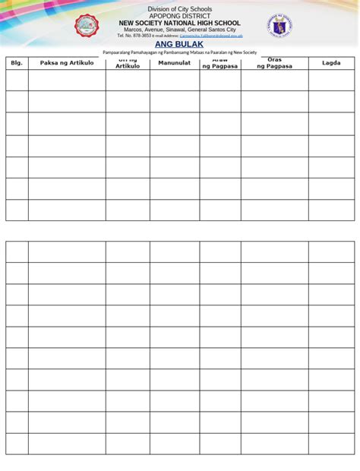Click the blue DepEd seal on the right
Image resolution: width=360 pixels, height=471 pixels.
[x=279, y=27]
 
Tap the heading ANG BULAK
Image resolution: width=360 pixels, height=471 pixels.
[x=179, y=44]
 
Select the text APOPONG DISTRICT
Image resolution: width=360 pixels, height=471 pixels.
[x=180, y=16]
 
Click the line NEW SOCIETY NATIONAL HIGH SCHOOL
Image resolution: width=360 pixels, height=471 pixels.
[x=180, y=23]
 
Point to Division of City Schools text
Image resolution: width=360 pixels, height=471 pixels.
[x=180, y=8]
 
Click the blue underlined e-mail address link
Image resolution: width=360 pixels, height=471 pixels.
[x=211, y=36]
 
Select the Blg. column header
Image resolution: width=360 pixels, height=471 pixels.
[x=17, y=63]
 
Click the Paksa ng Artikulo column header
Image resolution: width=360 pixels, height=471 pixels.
[x=67, y=63]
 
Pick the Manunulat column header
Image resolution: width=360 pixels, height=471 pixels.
[x=174, y=63]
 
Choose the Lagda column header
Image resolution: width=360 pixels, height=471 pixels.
[x=331, y=63]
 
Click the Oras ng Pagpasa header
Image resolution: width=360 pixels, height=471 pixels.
[x=274, y=63]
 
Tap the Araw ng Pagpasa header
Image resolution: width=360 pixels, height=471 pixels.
[x=220, y=63]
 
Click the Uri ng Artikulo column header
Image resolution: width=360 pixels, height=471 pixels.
[x=128, y=63]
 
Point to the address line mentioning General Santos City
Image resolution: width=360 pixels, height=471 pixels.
[x=180, y=30]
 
